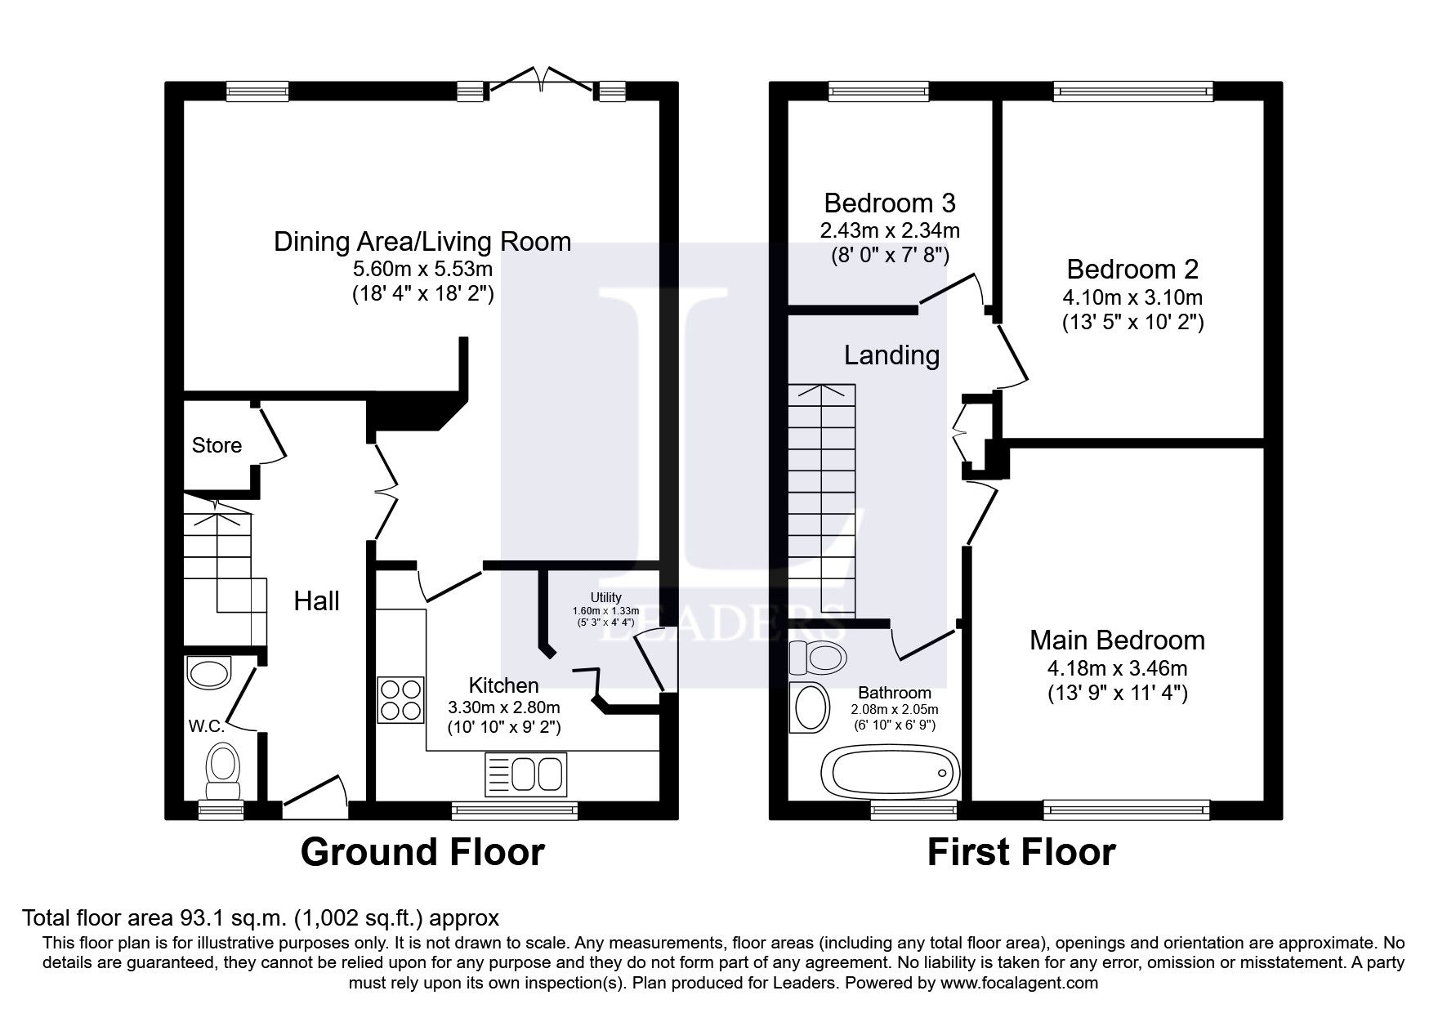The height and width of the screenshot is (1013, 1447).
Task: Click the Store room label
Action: pos(217,445)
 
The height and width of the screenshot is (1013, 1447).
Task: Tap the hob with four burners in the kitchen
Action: pos(400,700)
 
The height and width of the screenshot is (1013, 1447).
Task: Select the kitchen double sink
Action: pos(526,772)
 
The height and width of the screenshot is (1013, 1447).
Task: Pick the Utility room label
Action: pos(605,597)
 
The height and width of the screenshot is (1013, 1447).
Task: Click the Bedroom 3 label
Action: pos(890,203)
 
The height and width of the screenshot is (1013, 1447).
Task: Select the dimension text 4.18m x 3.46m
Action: pos(1117,668)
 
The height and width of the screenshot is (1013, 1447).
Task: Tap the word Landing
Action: pos(891,355)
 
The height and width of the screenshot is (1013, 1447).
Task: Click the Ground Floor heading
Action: pos(422,853)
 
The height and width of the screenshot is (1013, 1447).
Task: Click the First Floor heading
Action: pos(1020,853)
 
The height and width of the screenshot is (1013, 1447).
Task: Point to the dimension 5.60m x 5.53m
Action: pos(422,269)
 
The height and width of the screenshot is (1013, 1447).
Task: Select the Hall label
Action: pos(316,601)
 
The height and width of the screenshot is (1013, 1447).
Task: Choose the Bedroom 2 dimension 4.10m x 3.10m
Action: pos(1132,297)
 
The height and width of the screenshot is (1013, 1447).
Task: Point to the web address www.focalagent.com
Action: pos(1018,983)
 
